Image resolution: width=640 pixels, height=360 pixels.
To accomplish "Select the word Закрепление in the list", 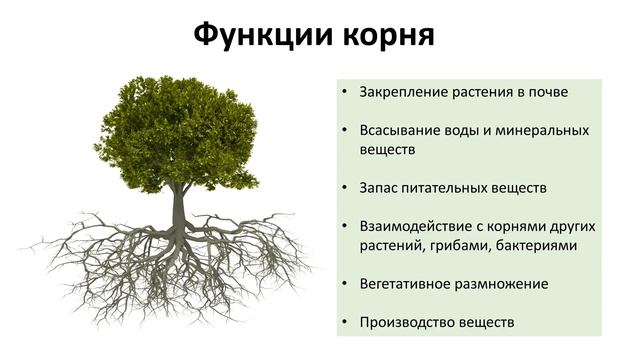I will coord(402,92).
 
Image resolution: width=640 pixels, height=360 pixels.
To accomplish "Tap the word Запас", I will coord(380,187).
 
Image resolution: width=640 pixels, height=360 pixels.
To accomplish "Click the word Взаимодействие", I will coord(414,226).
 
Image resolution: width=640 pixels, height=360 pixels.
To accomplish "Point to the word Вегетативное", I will coord(405,283).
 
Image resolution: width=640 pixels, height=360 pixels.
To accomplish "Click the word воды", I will coord(462,130).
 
